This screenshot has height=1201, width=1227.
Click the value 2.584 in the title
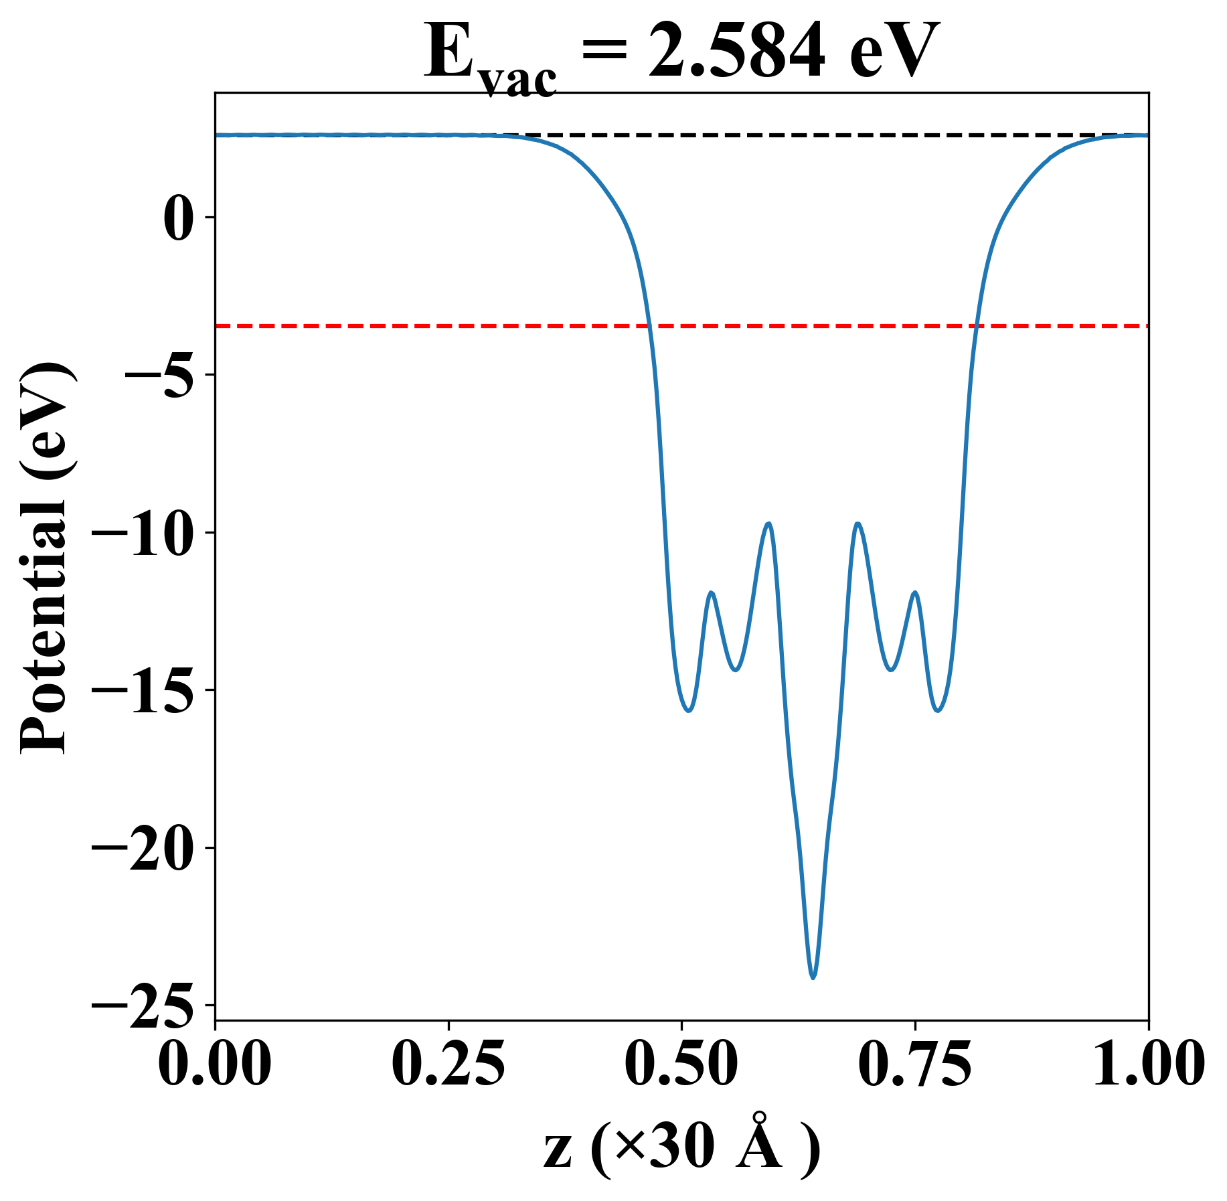click(x=737, y=52)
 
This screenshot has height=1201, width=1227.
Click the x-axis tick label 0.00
click(x=215, y=1064)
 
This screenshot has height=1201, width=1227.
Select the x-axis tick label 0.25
click(x=448, y=1064)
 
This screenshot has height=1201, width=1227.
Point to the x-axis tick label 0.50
click(x=681, y=1064)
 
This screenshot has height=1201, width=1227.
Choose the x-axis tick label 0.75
click(x=914, y=1064)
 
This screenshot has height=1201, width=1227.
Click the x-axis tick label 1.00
click(x=1147, y=1064)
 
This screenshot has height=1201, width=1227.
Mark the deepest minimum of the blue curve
click(x=813, y=978)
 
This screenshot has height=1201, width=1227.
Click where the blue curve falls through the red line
click(x=649, y=326)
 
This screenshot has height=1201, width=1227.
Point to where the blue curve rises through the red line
click(x=977, y=326)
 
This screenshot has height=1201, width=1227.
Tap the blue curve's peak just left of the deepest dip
click(x=769, y=524)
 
